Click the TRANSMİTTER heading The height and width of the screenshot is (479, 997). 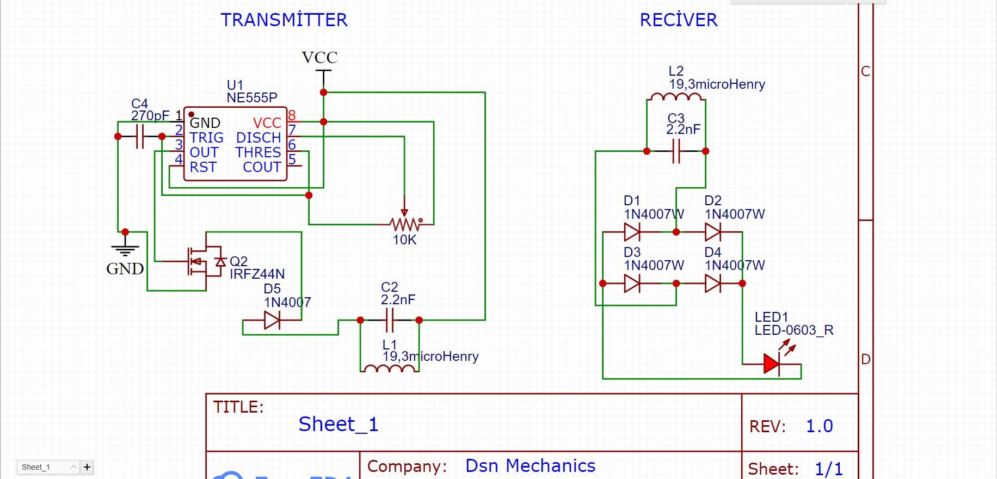pyautogui.click(x=284, y=20)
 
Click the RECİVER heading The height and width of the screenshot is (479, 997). pyautogui.click(x=678, y=20)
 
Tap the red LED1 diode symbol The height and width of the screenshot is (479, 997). pyautogui.click(x=772, y=364)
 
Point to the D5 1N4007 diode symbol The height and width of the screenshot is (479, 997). pyautogui.click(x=272, y=320)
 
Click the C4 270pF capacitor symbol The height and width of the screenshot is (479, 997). pyautogui.click(x=140, y=137)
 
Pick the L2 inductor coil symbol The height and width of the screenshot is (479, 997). pyautogui.click(x=676, y=97)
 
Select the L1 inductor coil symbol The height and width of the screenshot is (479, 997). pyautogui.click(x=389, y=369)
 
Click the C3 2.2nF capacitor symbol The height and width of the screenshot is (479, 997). pyautogui.click(x=676, y=151)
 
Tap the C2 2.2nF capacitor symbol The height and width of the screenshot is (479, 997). pyautogui.click(x=390, y=320)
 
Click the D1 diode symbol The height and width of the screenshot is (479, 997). pyautogui.click(x=632, y=232)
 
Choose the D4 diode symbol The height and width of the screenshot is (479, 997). pyautogui.click(x=713, y=283)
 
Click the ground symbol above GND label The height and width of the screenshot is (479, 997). pyautogui.click(x=125, y=249)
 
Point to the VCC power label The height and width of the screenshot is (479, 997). pyautogui.click(x=319, y=58)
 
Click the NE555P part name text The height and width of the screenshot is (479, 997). pyautogui.click(x=252, y=98)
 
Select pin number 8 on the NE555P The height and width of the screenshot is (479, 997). pyautogui.click(x=292, y=115)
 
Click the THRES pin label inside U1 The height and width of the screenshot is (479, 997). pyautogui.click(x=258, y=152)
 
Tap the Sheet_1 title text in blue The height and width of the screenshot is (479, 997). pyautogui.click(x=338, y=424)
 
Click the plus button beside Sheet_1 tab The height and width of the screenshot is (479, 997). pyautogui.click(x=87, y=467)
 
